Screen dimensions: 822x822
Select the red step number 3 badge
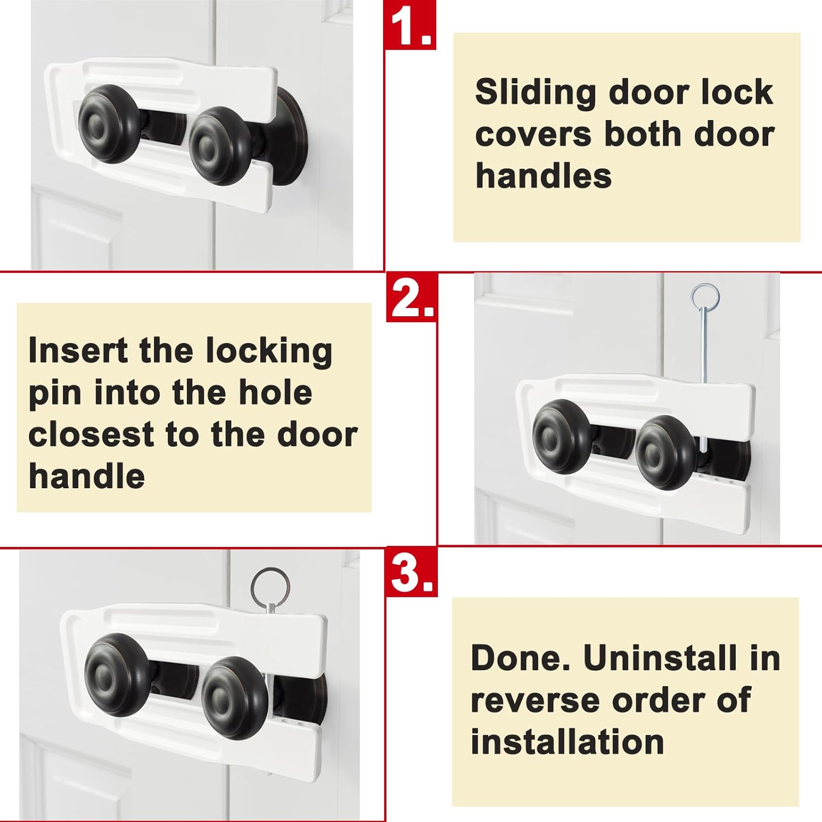click(412, 573)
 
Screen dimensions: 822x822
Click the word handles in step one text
click(543, 176)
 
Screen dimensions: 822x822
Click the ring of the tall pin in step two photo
click(705, 296)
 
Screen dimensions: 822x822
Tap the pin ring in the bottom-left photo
click(270, 585)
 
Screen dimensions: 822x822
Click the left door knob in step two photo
click(562, 436)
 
